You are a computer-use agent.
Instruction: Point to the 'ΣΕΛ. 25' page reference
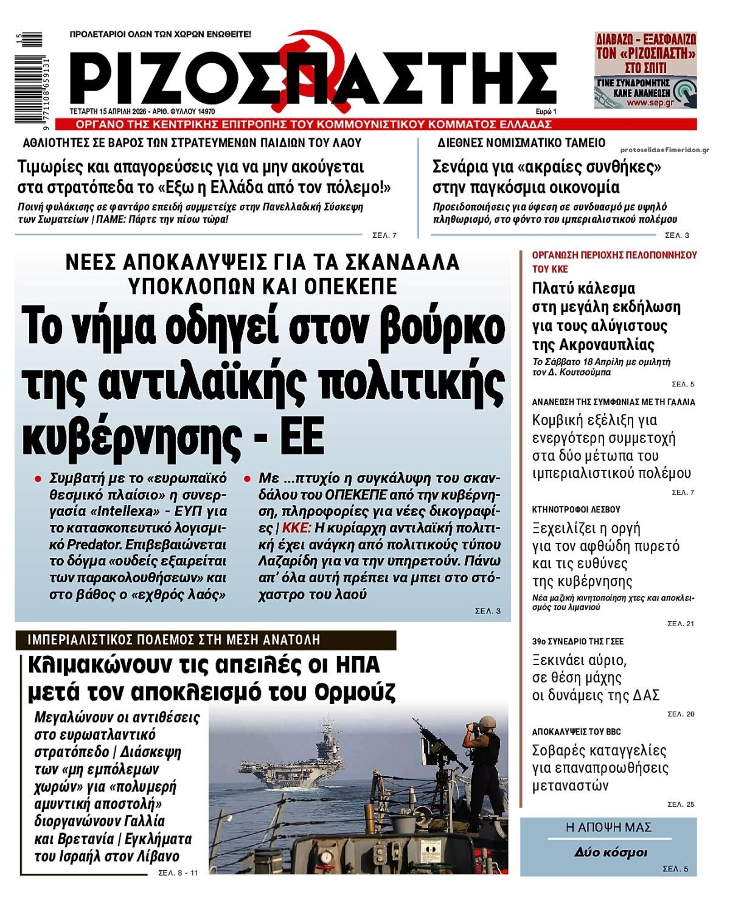[x=680, y=804]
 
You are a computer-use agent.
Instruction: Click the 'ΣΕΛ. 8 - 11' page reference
[x=178, y=873]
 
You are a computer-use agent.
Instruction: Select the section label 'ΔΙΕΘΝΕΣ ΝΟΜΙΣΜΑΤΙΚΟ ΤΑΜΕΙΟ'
[x=521, y=143]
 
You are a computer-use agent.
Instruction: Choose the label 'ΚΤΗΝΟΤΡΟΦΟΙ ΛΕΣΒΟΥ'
[x=576, y=509]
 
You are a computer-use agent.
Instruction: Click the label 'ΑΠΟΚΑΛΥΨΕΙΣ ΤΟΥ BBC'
[x=576, y=732]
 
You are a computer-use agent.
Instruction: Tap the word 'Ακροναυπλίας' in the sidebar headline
[x=593, y=345]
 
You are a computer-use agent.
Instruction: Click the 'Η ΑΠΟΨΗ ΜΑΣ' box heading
[x=609, y=827]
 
